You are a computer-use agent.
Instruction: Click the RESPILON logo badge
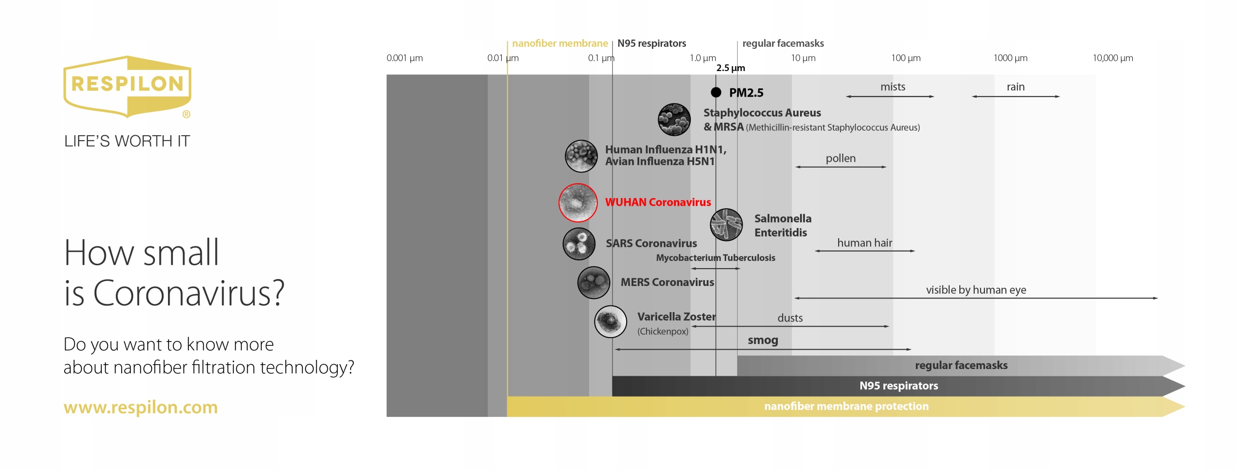pyautogui.click(x=127, y=86)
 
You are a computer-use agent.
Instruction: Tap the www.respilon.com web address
pyautogui.click(x=140, y=407)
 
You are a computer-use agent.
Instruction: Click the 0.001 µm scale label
pyautogui.click(x=405, y=58)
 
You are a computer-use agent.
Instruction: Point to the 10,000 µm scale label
pyautogui.click(x=1112, y=58)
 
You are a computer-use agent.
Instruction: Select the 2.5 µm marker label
pyautogui.click(x=730, y=68)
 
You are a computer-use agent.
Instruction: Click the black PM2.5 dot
pyautogui.click(x=716, y=92)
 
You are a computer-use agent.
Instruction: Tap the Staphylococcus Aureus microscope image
pyautogui.click(x=674, y=119)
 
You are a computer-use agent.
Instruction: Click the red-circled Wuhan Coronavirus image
pyautogui.click(x=578, y=202)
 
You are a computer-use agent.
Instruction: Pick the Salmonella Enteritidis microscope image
pyautogui.click(x=726, y=225)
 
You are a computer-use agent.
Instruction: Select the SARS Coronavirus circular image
pyautogui.click(x=578, y=244)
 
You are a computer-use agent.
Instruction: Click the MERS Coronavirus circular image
pyautogui.click(x=593, y=283)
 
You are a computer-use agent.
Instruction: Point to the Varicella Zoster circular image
pyautogui.click(x=610, y=321)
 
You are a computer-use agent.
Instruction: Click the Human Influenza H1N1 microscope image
pyautogui.click(x=581, y=156)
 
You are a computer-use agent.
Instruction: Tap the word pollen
pyautogui.click(x=840, y=158)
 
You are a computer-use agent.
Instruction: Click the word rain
pyautogui.click(x=1015, y=87)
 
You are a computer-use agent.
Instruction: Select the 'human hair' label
pyautogui.click(x=864, y=242)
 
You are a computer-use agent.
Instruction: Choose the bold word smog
pyautogui.click(x=763, y=340)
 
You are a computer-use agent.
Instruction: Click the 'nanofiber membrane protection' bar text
pyautogui.click(x=846, y=406)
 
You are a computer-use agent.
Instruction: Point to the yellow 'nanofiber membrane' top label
pyautogui.click(x=560, y=43)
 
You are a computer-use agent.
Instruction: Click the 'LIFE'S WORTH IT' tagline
pyautogui.click(x=127, y=141)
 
